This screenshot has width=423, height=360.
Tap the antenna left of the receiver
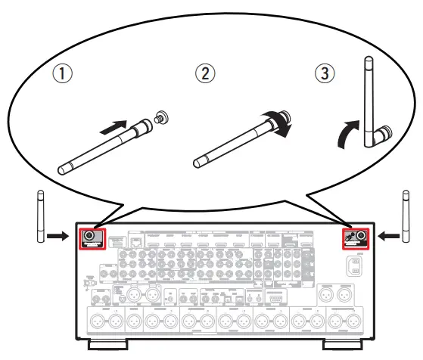(40, 218)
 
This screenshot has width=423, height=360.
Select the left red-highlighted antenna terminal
(91, 237)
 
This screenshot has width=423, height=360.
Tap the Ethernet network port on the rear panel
(137, 241)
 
